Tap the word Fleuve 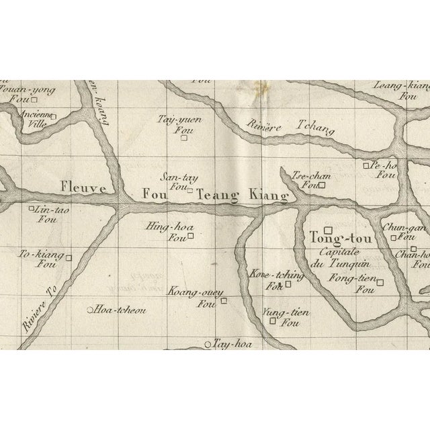[83, 189]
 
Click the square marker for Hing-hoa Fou [191, 236]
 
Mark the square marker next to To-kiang [68, 256]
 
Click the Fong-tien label [347, 278]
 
